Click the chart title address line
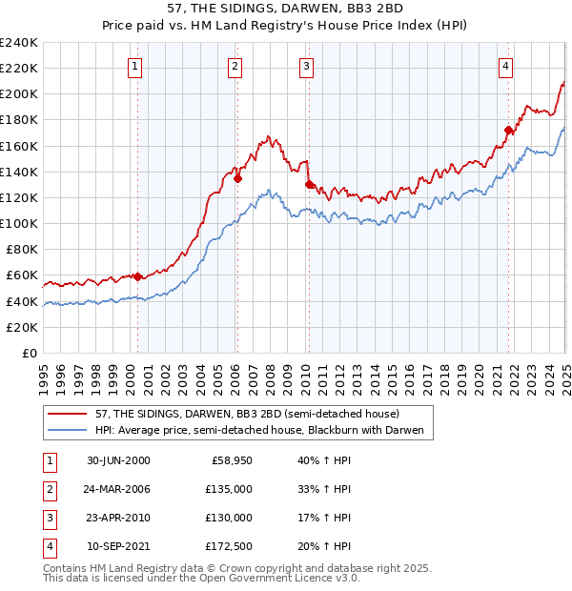pyautogui.click(x=286, y=10)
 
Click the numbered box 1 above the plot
pyautogui.click(x=136, y=66)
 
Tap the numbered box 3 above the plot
pyautogui.click(x=306, y=66)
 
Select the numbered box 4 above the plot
pyautogui.click(x=505, y=66)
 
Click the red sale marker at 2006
pyautogui.click(x=238, y=177)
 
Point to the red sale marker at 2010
pyautogui.click(x=309, y=184)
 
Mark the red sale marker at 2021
pyautogui.click(x=508, y=130)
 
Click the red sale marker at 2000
pyautogui.click(x=137, y=276)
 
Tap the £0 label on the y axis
pyautogui.click(x=28, y=353)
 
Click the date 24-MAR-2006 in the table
pyautogui.click(x=118, y=489)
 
